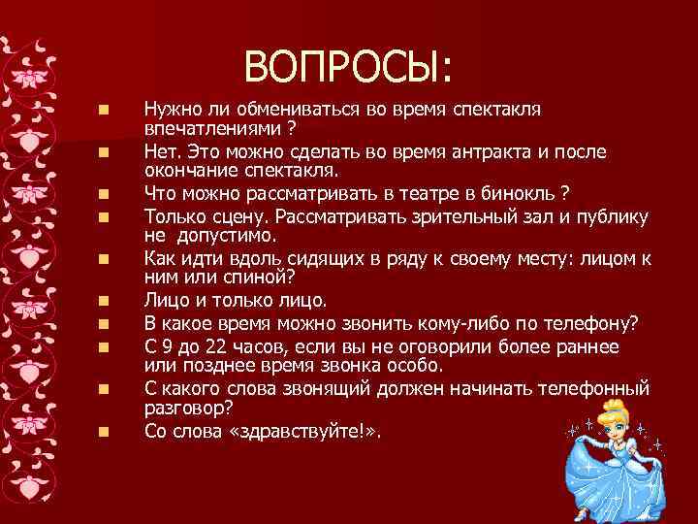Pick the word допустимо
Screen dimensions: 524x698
tap(232, 236)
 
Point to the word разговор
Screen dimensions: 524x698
tap(183, 408)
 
